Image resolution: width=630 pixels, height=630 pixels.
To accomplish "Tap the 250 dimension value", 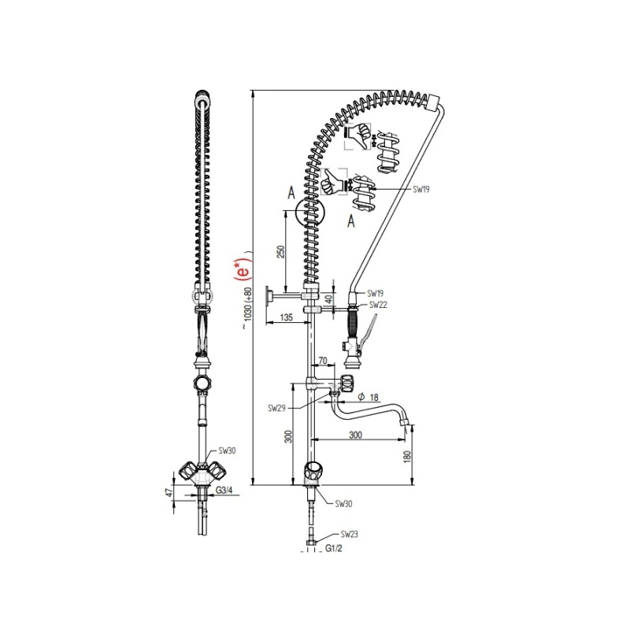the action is coord(281,251).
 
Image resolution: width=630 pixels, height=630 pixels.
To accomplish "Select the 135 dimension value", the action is coord(286,317).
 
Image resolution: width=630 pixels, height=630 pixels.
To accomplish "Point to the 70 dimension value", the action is coord(323,361).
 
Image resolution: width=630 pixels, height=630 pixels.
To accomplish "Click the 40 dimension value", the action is coord(329,299).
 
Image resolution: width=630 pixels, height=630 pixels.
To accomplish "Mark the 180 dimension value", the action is coord(407,457).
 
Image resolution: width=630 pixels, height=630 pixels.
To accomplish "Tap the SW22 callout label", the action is coord(378,305).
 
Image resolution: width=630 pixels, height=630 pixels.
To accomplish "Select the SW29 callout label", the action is coord(276,408).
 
